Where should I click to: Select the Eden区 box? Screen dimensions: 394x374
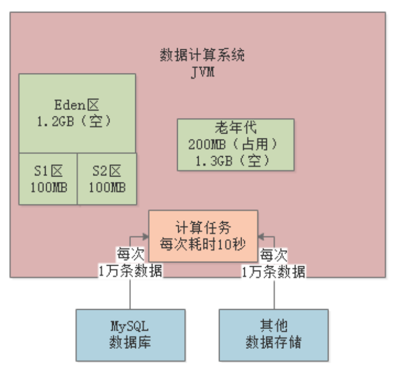(x=77, y=113)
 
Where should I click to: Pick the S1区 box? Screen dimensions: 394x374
(x=48, y=179)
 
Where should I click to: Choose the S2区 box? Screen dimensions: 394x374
(x=106, y=179)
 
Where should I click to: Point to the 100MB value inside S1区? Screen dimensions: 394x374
(x=49, y=187)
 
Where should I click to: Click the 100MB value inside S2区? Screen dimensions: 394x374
(x=107, y=187)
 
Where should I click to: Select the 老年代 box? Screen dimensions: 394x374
(x=236, y=144)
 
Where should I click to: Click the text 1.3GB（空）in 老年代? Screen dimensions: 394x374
(x=236, y=159)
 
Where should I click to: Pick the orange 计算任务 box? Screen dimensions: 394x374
(x=203, y=236)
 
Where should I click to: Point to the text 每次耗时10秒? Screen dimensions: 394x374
(x=203, y=244)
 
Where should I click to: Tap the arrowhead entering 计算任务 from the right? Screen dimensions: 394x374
(x=261, y=236)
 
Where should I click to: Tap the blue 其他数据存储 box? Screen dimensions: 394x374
(x=274, y=334)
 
